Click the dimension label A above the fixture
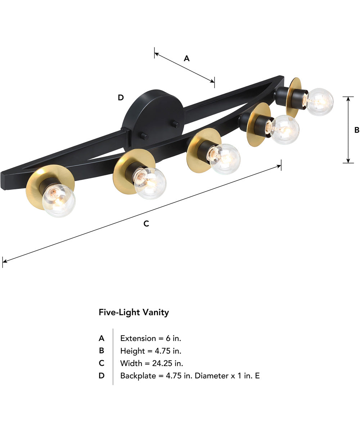[186, 58]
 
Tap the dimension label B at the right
[356, 130]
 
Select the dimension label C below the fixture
[146, 224]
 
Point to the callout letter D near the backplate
[121, 98]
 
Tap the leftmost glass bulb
[58, 201]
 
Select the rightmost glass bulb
[318, 102]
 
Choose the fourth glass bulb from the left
[284, 130]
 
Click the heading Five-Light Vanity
[134, 312]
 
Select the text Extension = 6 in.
[150, 338]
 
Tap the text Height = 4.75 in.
[150, 351]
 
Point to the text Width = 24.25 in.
[152, 363]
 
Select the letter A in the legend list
[102, 338]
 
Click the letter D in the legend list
[102, 376]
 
